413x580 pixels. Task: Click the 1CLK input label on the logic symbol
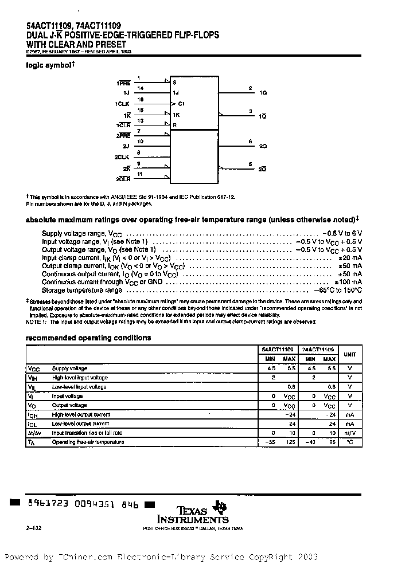pos(122,103)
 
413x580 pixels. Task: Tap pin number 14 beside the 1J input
pos(141,88)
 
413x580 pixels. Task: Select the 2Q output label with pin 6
pos(263,146)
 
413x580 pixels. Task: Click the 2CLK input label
pos(122,156)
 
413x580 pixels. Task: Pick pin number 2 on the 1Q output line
pos(250,88)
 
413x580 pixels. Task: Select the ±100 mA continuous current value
pos(348,282)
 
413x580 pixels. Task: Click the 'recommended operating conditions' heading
pos(88,338)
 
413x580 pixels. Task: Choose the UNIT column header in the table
pos(349,354)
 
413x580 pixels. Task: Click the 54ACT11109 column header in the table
pos(278,349)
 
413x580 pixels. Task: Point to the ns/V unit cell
pos(349,433)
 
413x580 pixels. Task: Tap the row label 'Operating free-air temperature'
pos(88,442)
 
